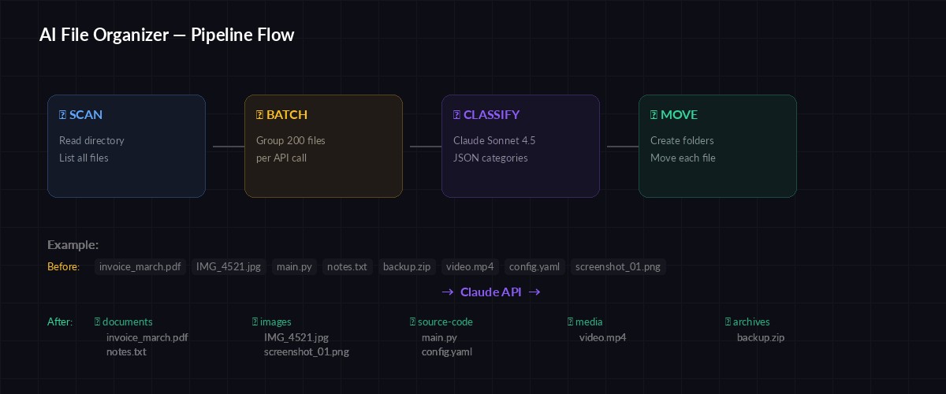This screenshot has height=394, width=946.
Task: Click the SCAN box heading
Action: click(81, 115)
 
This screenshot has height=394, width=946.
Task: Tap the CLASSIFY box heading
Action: click(486, 115)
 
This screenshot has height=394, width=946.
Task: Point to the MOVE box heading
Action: click(674, 115)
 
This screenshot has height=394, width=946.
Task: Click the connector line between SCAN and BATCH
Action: click(228, 147)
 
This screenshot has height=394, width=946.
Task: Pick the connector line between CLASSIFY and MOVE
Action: click(622, 147)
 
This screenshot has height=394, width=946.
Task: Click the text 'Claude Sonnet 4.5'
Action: click(494, 141)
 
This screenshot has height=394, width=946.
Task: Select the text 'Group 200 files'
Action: click(291, 141)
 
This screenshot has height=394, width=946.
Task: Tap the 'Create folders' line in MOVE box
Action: click(682, 141)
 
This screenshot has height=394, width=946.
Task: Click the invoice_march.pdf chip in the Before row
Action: click(140, 267)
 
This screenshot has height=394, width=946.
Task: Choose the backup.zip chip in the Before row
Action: click(407, 267)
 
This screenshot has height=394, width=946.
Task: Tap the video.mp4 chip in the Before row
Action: click(470, 267)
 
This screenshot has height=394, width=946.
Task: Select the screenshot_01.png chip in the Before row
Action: click(618, 267)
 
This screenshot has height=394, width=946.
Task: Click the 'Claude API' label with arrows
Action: click(490, 292)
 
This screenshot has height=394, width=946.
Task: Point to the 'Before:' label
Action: click(63, 267)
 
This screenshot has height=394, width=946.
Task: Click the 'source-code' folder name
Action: click(445, 322)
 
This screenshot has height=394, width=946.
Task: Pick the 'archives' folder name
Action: click(750, 322)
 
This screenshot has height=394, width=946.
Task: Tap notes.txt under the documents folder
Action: click(126, 352)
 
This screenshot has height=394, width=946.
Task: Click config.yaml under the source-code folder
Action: click(447, 352)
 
